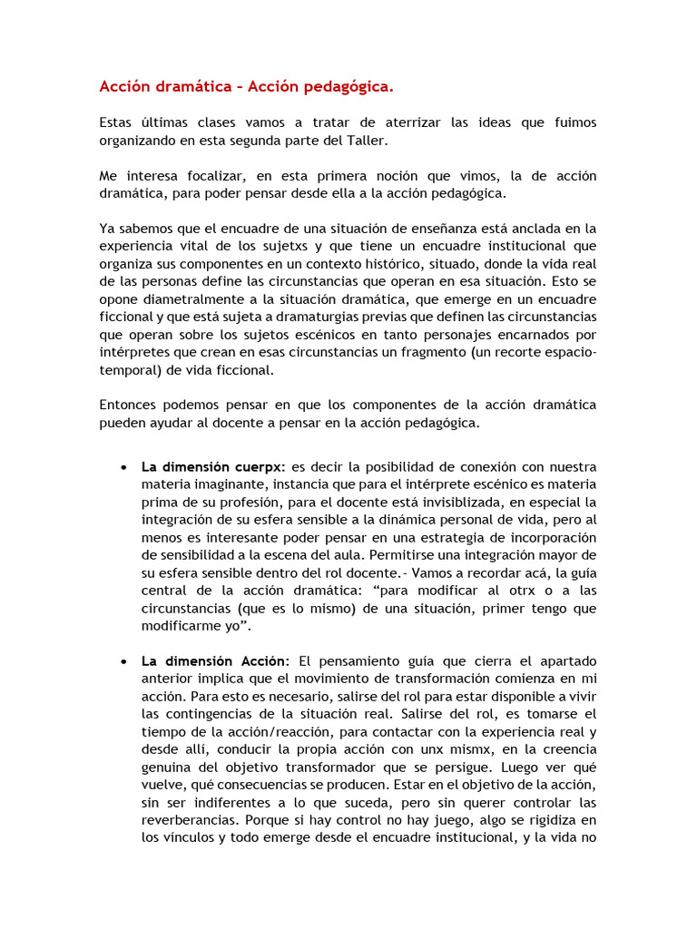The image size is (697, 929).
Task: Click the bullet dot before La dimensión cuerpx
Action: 123,467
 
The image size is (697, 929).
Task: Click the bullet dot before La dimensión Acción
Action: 123,661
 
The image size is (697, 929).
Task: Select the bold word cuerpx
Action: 260,466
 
